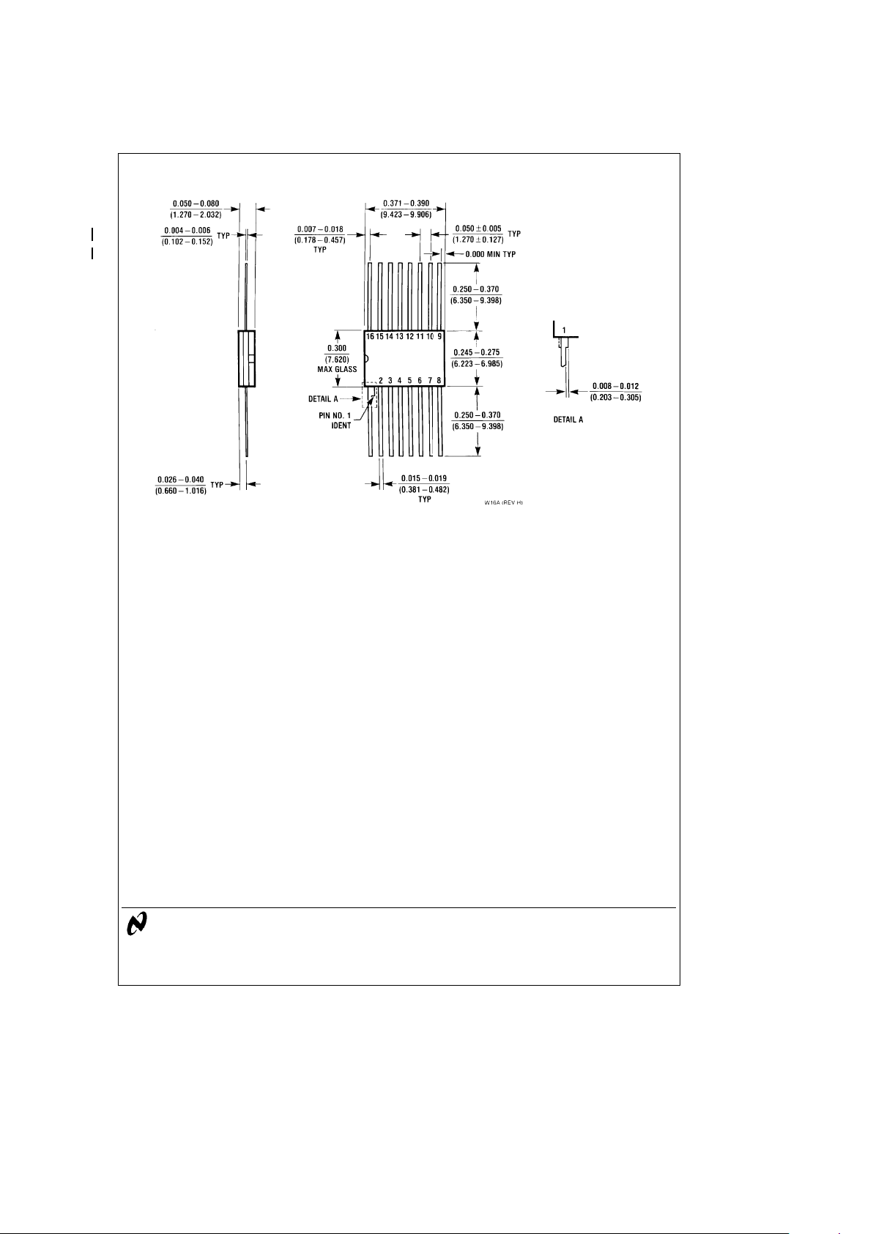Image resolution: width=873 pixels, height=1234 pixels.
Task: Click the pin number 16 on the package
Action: coord(371,336)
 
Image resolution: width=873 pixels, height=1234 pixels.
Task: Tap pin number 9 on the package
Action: coord(439,336)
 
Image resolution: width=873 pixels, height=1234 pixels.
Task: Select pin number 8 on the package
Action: coord(439,380)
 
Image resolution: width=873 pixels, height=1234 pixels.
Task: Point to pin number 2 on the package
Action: coord(381,380)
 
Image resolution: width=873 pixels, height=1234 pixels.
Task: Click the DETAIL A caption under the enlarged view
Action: coord(568,420)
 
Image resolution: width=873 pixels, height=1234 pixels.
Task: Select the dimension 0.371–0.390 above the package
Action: coord(406,209)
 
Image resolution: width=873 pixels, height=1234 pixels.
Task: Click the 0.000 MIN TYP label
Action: coord(491,253)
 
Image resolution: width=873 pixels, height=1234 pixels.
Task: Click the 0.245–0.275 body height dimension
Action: coord(478,358)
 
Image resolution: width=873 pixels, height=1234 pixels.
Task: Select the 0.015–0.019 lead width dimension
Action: coord(424,484)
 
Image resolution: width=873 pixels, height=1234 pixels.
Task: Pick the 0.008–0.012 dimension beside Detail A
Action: coord(615,392)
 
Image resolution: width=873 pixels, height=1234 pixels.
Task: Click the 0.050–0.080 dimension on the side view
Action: coord(196,209)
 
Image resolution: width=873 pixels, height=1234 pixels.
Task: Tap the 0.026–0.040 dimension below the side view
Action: coord(181,485)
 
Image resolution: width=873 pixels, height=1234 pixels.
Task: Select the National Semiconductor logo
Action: coord(137,924)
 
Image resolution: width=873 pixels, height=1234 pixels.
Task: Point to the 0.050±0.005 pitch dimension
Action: coord(478,234)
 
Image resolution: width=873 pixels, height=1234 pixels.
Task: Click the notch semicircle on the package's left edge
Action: coord(367,359)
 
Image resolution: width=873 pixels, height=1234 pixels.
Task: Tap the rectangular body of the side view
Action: coord(246,359)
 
